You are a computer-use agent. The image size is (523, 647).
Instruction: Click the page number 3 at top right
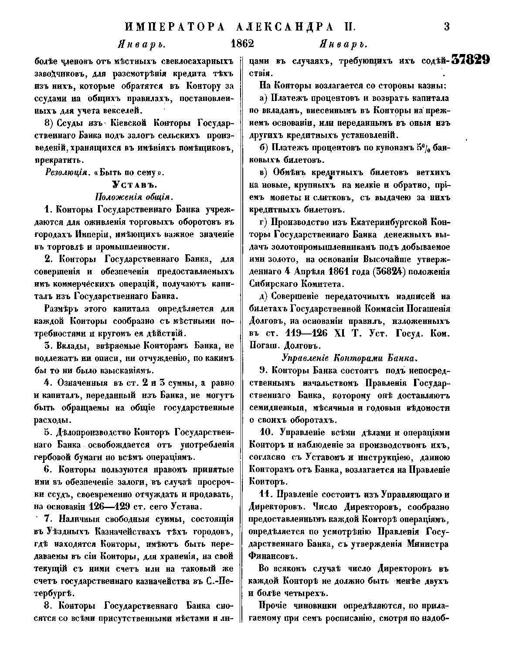click(446, 27)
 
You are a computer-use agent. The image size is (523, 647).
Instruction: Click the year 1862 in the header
click(241, 44)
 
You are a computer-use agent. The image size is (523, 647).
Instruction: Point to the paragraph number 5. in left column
click(48, 433)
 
